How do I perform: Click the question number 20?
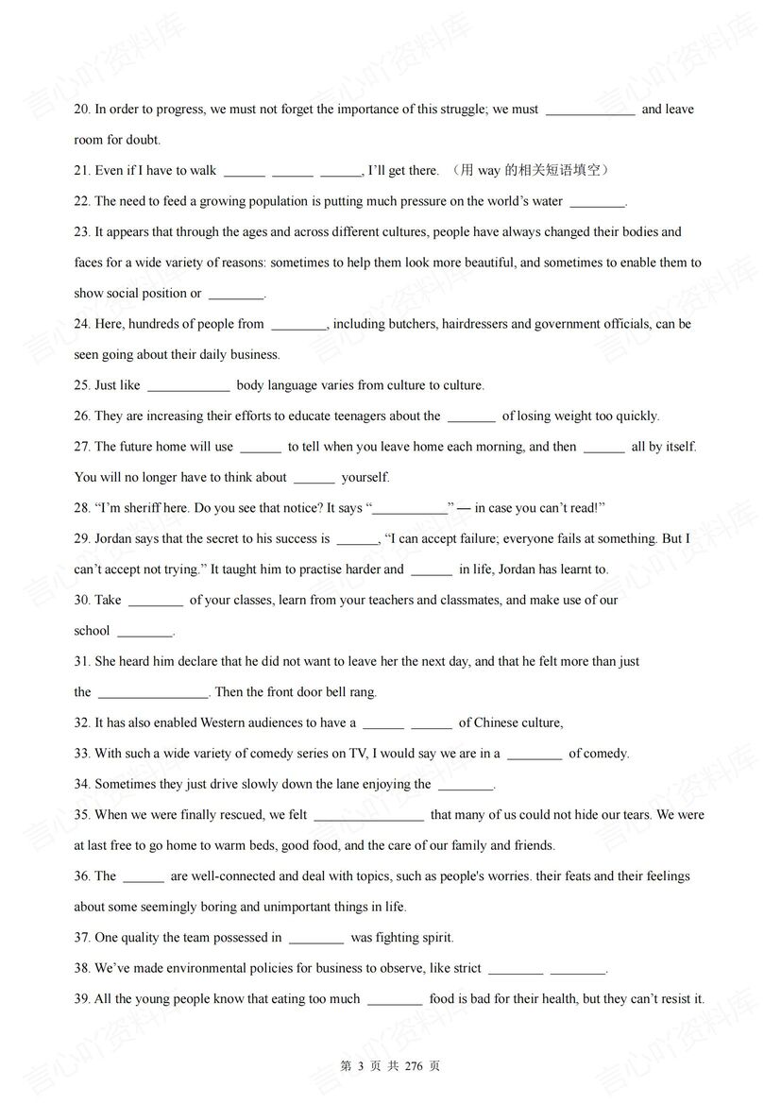tap(82, 110)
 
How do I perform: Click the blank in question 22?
tap(598, 202)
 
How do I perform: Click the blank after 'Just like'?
tap(188, 386)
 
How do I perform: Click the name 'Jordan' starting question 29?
tap(114, 539)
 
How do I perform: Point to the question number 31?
tap(82, 662)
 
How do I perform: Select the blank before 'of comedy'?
tap(534, 755)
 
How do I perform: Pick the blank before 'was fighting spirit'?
tap(315, 939)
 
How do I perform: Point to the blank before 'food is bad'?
tap(394, 1000)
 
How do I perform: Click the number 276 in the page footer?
tap(413, 1066)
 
